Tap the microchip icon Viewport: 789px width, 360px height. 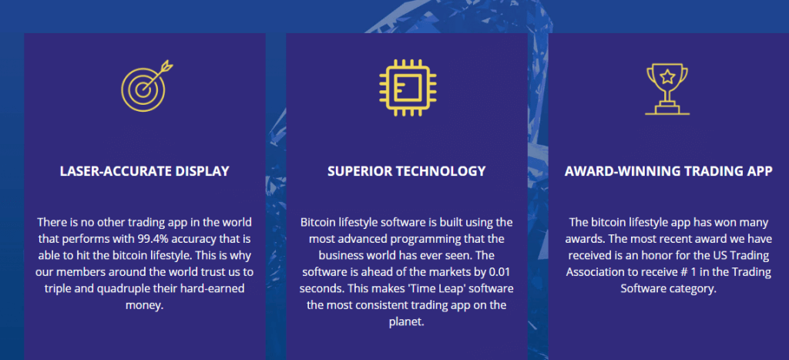tap(408, 88)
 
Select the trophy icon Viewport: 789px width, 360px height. tap(667, 89)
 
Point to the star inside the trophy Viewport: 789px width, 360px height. tap(667, 77)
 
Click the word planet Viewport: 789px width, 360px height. tap(405, 322)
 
